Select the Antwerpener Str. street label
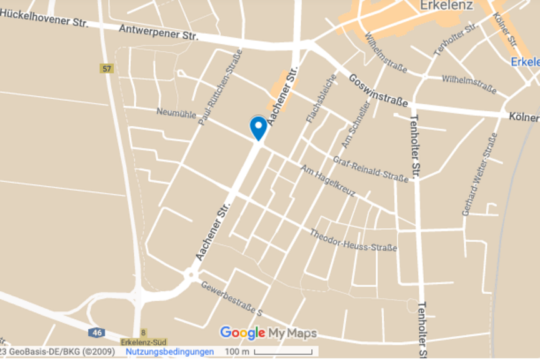[x=158, y=32]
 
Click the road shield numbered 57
[x=106, y=68]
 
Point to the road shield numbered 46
[x=96, y=332]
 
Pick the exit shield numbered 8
[x=143, y=332]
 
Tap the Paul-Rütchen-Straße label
[x=220, y=87]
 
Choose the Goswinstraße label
[x=378, y=90]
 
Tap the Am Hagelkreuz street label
[x=327, y=181]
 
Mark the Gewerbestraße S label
[x=231, y=298]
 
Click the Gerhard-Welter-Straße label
[x=480, y=174]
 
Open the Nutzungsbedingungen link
[x=169, y=352]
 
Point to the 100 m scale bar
[x=269, y=352]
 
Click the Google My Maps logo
[x=268, y=333]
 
